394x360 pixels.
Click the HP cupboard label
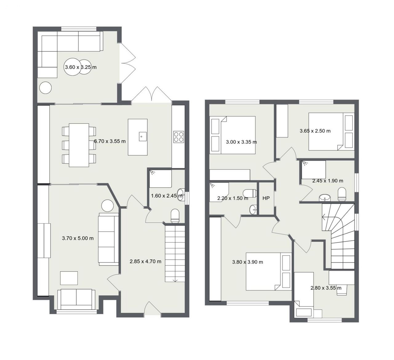266,198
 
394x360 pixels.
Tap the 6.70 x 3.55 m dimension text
110,141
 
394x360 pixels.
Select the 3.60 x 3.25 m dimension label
81,67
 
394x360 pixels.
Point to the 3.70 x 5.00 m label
78,238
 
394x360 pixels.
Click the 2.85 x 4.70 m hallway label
146,262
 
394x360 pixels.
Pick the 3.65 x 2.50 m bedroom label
315,131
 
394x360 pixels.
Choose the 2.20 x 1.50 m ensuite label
233,198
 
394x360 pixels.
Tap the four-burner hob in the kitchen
179,137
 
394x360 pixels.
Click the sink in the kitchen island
143,137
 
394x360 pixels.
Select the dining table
79,145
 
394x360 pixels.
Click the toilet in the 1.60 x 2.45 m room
175,216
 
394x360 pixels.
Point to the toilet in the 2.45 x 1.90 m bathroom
342,194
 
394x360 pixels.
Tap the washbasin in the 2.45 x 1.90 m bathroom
325,198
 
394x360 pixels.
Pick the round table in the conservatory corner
45,88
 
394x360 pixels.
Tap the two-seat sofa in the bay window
76,299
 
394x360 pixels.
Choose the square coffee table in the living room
69,278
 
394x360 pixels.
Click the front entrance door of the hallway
152,308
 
